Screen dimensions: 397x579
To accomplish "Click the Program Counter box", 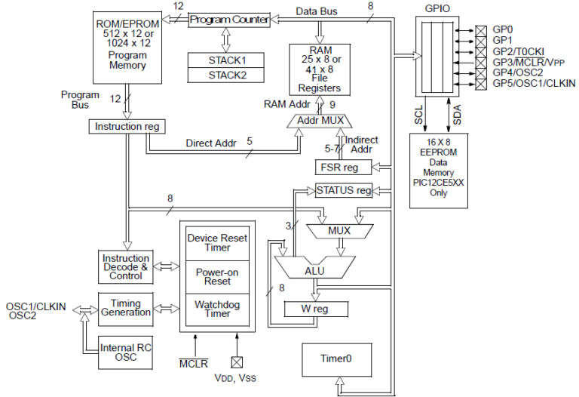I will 228,20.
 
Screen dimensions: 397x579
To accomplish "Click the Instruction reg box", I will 127,126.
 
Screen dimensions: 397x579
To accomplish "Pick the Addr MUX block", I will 320,121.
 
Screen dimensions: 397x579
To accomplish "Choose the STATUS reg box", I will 344,190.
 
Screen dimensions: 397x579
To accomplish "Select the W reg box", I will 316,308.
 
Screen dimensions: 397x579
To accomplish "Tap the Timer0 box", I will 337,359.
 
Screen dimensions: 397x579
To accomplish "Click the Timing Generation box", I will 126,309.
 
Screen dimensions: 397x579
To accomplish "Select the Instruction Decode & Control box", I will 126,267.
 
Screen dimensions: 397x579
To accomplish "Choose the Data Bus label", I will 317,11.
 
